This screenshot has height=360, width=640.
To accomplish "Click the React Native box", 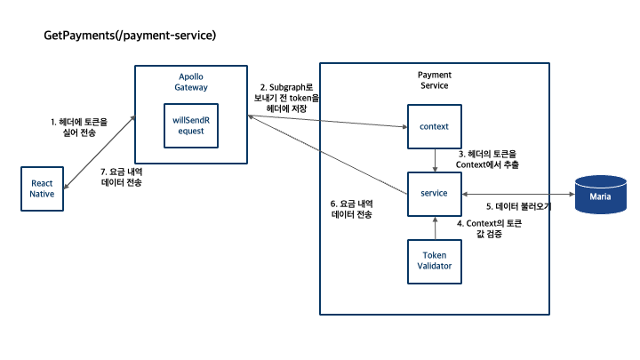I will click(43, 188).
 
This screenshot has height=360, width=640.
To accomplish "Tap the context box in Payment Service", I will click(434, 126).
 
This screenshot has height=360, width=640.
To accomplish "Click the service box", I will click(434, 194).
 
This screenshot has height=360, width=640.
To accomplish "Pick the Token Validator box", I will click(434, 260).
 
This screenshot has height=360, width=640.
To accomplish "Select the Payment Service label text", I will click(433, 79).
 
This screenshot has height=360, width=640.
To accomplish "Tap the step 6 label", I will click(352, 209).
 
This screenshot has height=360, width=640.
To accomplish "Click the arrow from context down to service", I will click(434, 161).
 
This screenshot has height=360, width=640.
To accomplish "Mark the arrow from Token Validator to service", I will click(434, 227).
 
